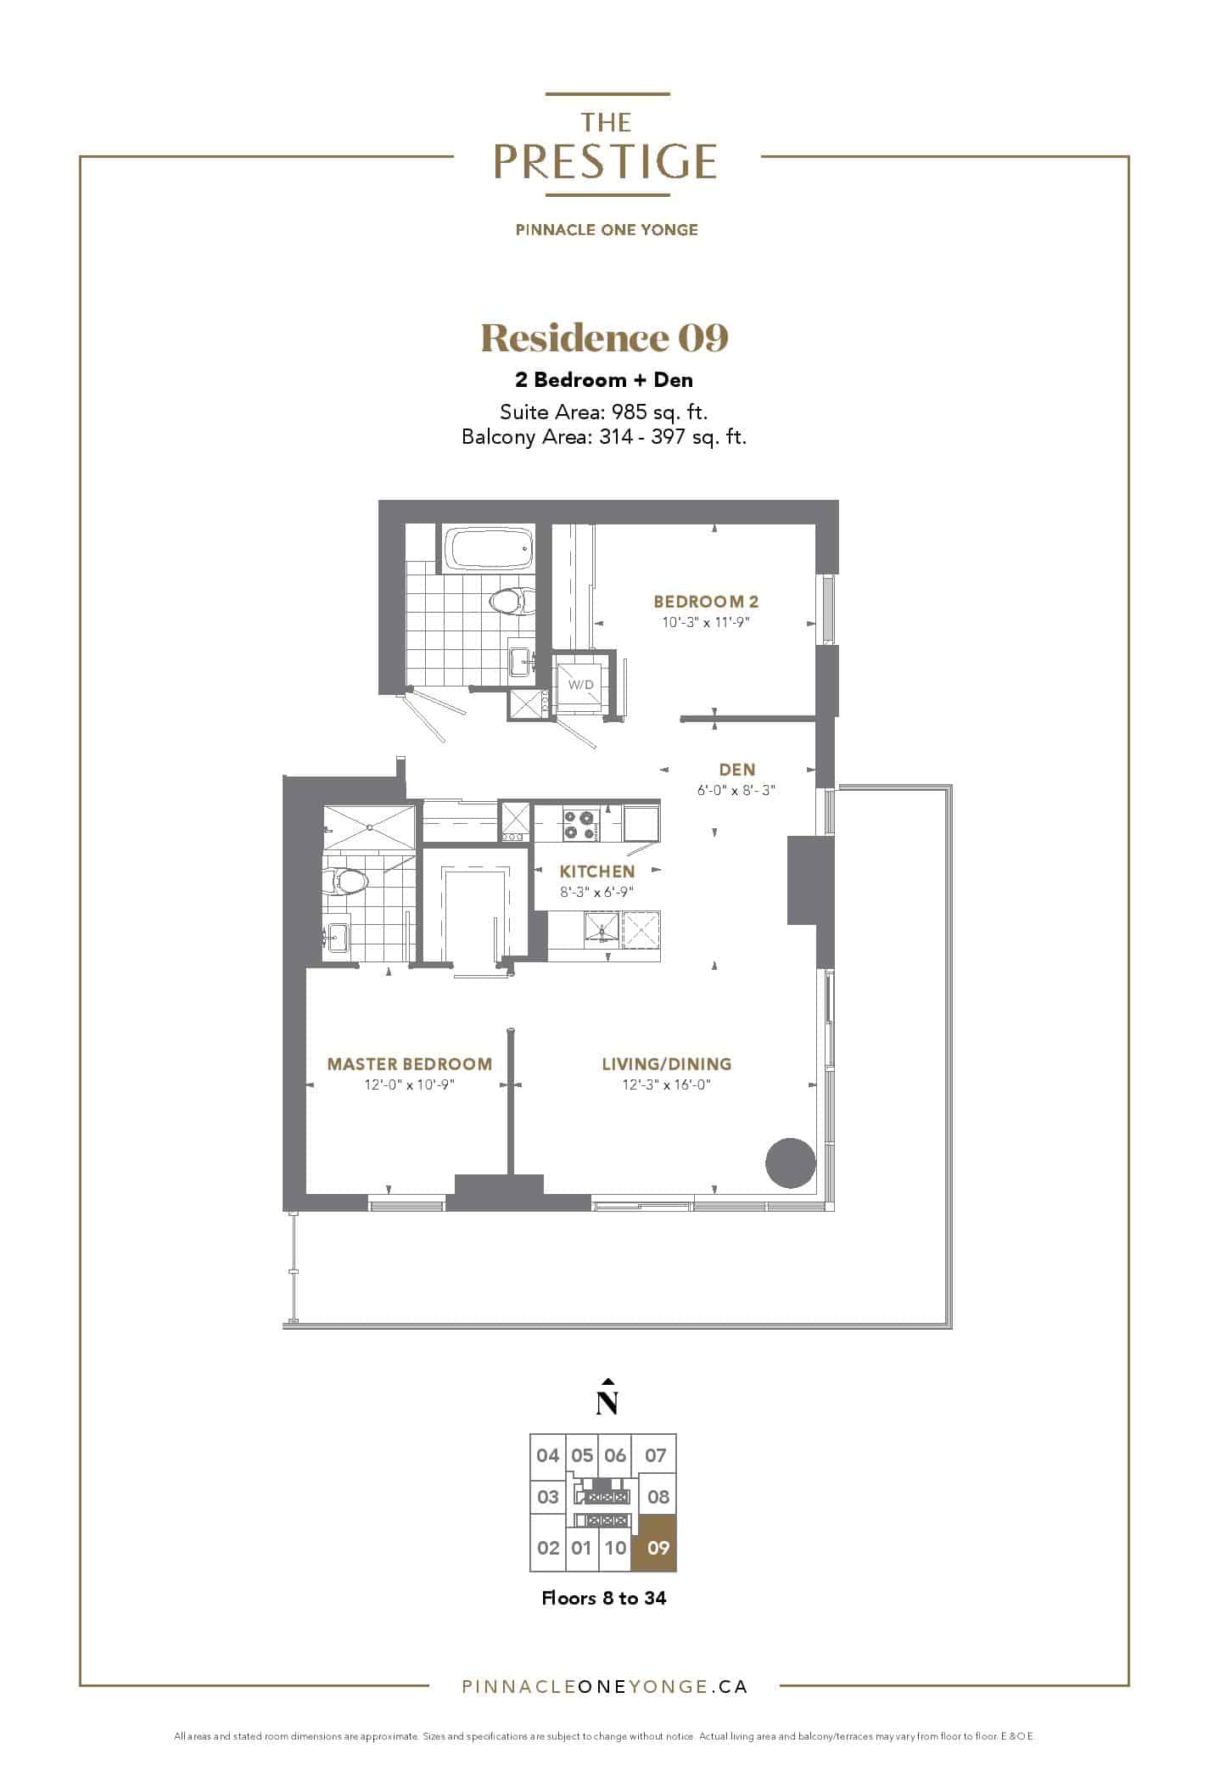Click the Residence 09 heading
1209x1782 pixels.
[604, 338]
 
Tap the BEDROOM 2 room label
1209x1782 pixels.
[706, 602]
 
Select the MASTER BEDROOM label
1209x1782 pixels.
[410, 1064]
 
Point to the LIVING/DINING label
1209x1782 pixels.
[666, 1064]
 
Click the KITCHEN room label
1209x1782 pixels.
[597, 871]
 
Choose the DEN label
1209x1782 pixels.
[737, 770]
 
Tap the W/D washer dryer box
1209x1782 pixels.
[581, 684]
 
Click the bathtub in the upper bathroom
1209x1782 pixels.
[488, 549]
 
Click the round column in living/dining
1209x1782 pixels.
[791, 1163]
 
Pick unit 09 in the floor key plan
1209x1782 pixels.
[658, 1548]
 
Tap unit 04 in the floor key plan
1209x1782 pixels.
[547, 1456]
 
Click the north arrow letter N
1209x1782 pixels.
[606, 1404]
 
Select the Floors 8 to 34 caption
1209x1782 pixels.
[604, 1598]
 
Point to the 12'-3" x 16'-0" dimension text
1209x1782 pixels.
[666, 1084]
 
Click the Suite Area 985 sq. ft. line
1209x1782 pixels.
[604, 412]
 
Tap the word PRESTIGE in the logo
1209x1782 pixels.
[606, 162]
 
